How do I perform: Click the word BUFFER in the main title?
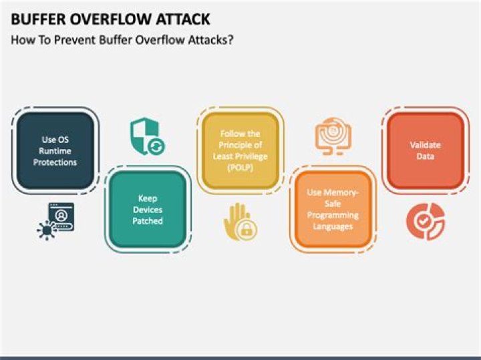(38, 19)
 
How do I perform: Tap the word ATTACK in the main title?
(183, 19)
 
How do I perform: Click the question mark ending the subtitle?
(230, 40)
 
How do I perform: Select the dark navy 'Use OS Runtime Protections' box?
(55, 150)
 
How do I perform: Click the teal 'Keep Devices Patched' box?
(148, 210)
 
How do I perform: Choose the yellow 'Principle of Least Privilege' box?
(240, 150)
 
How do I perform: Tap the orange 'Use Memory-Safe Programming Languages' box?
(333, 210)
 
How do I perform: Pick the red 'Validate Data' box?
(426, 150)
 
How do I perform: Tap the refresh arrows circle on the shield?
(156, 146)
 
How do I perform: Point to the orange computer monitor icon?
(333, 136)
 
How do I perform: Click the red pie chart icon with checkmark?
(426, 221)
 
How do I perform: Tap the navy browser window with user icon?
(61, 217)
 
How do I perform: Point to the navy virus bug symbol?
(47, 230)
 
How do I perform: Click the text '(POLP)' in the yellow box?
(240, 168)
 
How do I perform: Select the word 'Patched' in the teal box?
(148, 221)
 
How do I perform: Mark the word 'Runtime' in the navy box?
(55, 151)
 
